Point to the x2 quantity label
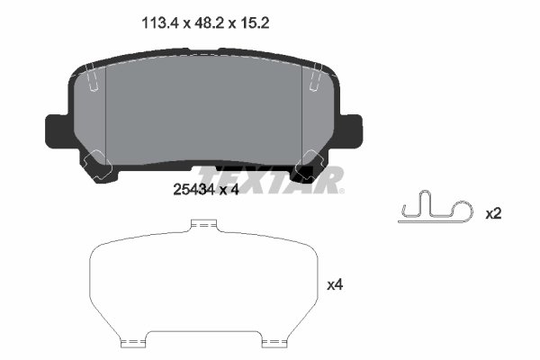493,213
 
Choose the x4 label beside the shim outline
336,284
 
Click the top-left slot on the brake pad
93,80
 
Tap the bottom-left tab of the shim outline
133,342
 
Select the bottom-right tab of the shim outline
273,342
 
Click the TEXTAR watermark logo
270,181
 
